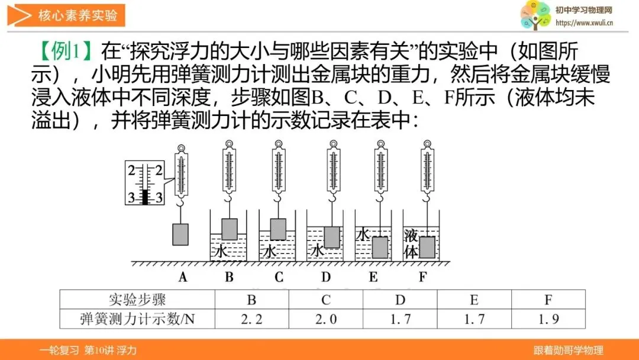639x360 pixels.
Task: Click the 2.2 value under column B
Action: tap(251, 319)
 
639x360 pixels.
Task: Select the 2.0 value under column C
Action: tap(326, 319)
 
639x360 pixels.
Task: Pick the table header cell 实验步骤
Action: tap(137, 300)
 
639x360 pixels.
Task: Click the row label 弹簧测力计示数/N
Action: tap(137, 319)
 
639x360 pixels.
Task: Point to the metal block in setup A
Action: tap(180, 234)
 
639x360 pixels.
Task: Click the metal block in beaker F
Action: tap(427, 247)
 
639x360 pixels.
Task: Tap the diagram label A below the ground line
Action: tap(183, 277)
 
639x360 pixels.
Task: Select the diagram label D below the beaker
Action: tap(325, 277)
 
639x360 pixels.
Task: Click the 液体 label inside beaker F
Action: tap(411, 244)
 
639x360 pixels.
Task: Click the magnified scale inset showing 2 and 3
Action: tap(145, 182)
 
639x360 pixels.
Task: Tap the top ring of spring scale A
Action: tap(182, 148)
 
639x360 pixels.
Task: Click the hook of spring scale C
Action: tap(278, 198)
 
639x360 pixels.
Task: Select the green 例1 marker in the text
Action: tap(65, 52)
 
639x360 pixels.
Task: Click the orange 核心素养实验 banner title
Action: tap(78, 15)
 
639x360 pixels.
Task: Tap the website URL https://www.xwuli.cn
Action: tap(584, 23)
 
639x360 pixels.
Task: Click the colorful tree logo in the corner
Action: tap(535, 15)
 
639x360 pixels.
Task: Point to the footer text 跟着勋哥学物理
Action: tap(569, 350)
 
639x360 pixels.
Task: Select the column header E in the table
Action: tap(474, 300)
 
